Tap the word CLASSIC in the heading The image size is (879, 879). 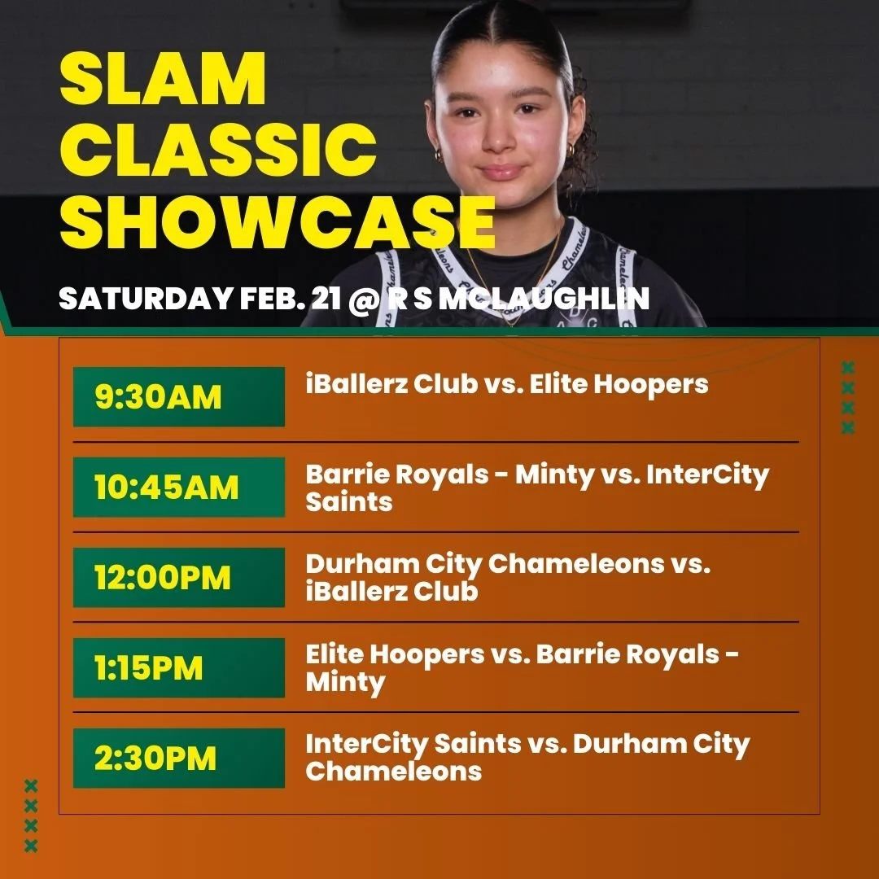[x=218, y=150]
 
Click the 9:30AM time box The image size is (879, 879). [x=179, y=397]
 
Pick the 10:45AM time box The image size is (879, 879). [x=179, y=488]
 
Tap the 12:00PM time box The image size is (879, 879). [x=179, y=578]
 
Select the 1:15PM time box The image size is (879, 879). [x=179, y=668]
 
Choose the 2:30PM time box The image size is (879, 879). [x=179, y=759]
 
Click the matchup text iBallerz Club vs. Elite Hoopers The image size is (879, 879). [x=507, y=384]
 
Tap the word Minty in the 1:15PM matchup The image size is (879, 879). [x=345, y=682]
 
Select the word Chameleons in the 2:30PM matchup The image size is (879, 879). [x=393, y=771]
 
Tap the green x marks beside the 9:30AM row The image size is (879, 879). [x=847, y=398]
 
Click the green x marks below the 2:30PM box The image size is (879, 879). [x=31, y=816]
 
